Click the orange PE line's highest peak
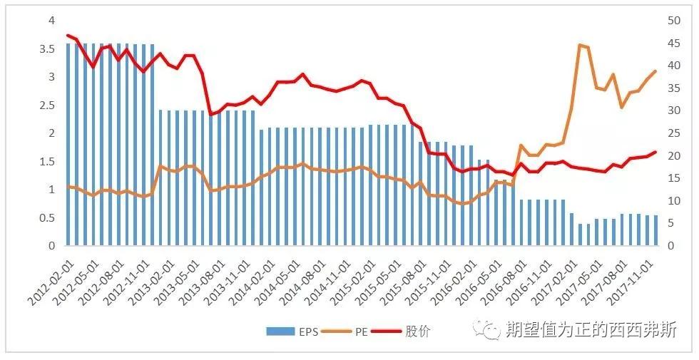(x=580, y=46)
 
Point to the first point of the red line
(x=68, y=35)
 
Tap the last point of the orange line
(x=655, y=71)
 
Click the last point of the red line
(x=655, y=152)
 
